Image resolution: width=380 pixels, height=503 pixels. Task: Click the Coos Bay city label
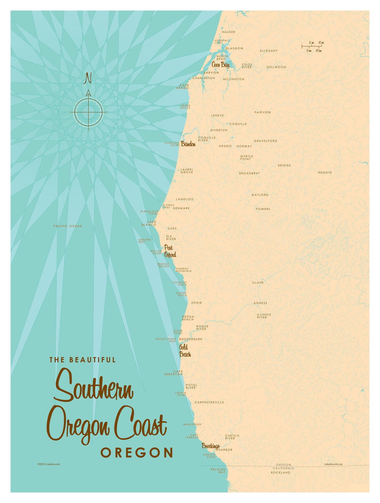(x=220, y=65)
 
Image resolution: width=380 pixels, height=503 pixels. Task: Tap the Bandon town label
(x=188, y=144)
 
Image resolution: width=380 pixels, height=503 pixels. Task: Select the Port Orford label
(x=170, y=251)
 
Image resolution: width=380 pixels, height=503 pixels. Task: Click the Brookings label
(x=211, y=446)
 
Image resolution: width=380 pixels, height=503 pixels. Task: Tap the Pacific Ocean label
(x=68, y=226)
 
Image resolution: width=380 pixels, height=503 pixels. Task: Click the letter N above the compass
(x=87, y=78)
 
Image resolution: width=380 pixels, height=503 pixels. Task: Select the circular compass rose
(x=88, y=112)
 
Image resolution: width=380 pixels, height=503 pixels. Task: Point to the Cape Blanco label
(x=149, y=223)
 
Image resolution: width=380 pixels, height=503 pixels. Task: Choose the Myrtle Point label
(x=246, y=158)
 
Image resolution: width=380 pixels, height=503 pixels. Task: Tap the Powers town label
(x=263, y=209)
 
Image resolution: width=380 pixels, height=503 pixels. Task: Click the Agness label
(x=260, y=303)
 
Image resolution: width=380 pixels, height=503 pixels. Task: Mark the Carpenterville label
(x=209, y=402)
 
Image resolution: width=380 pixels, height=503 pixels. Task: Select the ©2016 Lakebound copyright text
(x=49, y=464)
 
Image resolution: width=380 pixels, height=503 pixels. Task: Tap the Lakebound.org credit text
(x=333, y=464)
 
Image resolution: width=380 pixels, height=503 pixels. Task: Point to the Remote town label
(x=325, y=173)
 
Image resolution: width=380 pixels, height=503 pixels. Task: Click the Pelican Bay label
(x=218, y=471)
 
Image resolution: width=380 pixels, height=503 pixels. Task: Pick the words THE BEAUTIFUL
(x=83, y=360)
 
